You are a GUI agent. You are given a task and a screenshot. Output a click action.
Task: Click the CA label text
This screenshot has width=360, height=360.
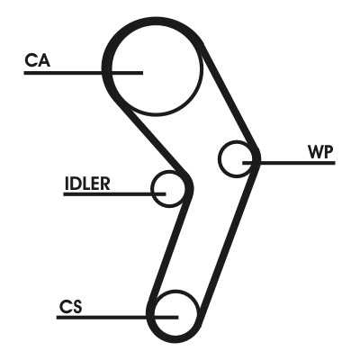(37, 60)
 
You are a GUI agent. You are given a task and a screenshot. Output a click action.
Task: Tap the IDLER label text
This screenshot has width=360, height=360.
(87, 184)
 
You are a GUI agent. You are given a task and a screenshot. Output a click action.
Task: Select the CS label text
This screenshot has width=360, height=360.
(70, 306)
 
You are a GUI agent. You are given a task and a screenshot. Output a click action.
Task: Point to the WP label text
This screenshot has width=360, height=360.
(320, 152)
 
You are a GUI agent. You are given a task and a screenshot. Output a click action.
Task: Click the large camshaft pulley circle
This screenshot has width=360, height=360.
(112, 69)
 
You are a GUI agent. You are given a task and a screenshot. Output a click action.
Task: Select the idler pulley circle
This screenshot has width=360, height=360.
(152, 189)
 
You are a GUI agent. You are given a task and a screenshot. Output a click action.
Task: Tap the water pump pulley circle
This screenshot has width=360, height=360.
(219, 158)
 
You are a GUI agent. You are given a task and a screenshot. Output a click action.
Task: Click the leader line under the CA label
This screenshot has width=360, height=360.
(83, 73)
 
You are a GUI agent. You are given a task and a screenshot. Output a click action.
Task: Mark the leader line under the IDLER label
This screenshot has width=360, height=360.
(114, 194)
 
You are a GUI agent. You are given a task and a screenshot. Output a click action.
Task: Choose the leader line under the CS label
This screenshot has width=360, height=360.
(117, 318)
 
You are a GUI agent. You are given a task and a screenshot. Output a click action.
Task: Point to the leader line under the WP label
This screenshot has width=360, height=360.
(289, 163)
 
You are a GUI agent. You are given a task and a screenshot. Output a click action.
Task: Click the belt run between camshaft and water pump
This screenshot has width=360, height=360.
(229, 96)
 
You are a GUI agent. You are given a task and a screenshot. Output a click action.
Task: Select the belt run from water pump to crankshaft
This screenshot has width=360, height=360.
(229, 240)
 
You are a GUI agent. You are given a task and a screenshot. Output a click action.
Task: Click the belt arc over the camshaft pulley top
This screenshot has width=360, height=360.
(156, 22)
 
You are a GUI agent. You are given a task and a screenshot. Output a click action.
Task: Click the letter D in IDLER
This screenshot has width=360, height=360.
(75, 184)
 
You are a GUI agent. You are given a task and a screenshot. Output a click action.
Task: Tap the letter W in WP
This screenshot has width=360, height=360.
(316, 152)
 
